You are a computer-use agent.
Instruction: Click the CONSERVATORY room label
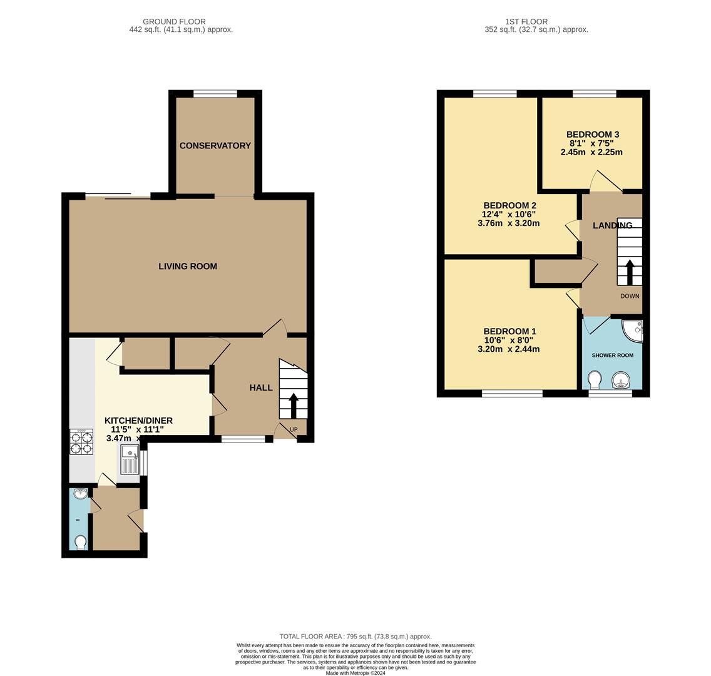(215, 145)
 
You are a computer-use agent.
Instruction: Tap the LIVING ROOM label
(188, 266)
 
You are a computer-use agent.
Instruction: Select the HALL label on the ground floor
(261, 387)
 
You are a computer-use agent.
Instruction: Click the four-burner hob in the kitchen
(81, 441)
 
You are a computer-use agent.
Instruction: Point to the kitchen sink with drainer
(130, 461)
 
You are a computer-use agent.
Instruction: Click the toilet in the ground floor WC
(80, 542)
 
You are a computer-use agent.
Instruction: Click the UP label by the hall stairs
(294, 429)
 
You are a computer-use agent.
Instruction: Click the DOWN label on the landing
(630, 296)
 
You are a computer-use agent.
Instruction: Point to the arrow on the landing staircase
(630, 272)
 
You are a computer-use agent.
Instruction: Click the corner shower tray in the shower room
(633, 329)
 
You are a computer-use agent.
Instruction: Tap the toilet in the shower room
(595, 379)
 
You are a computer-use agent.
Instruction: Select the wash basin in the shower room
(621, 380)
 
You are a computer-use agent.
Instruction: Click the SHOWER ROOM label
(612, 355)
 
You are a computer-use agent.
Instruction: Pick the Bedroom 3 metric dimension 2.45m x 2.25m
(591, 152)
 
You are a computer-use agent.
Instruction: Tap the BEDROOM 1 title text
(509, 331)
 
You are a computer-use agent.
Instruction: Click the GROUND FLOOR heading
(174, 21)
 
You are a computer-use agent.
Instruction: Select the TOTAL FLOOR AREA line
(355, 636)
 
